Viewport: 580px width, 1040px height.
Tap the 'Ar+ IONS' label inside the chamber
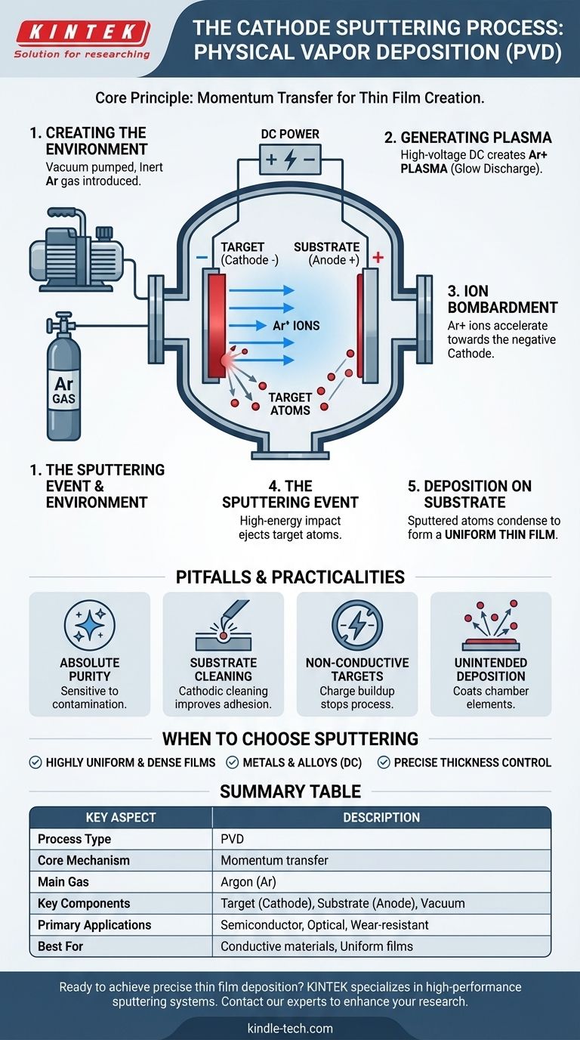click(x=296, y=326)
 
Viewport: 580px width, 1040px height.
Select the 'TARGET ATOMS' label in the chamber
click(x=290, y=404)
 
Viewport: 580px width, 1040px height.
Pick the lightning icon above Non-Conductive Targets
click(x=356, y=625)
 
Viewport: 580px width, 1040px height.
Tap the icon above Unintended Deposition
click(x=491, y=625)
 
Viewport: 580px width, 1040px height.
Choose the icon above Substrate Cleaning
click(x=223, y=625)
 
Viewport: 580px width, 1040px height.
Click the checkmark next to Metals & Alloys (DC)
click(x=232, y=763)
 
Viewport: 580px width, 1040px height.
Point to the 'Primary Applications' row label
click(x=94, y=925)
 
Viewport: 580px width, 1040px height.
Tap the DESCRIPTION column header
click(x=381, y=818)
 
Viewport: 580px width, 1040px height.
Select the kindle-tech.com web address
click(x=290, y=1029)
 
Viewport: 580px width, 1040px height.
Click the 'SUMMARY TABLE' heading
click(x=290, y=791)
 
